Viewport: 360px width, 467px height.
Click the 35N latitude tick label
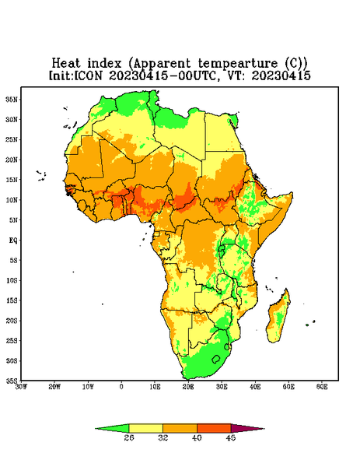(x=12, y=99)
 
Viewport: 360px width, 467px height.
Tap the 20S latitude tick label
(x=12, y=321)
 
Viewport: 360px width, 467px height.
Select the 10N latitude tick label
(x=12, y=200)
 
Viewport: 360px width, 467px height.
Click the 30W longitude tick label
(x=21, y=387)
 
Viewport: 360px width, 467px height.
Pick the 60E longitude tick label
(x=322, y=387)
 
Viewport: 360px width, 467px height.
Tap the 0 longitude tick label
(x=121, y=387)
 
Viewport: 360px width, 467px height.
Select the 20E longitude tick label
(x=188, y=387)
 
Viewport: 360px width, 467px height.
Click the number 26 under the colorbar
(x=129, y=437)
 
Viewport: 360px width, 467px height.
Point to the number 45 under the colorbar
(x=231, y=437)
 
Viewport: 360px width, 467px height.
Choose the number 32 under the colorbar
(x=163, y=437)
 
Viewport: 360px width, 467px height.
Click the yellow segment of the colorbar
(x=145, y=428)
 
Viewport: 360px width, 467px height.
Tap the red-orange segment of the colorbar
(x=214, y=428)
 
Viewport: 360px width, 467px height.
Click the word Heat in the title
(x=66, y=64)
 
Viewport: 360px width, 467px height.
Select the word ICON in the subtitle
(x=88, y=75)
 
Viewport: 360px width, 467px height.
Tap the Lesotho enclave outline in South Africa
(x=216, y=359)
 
